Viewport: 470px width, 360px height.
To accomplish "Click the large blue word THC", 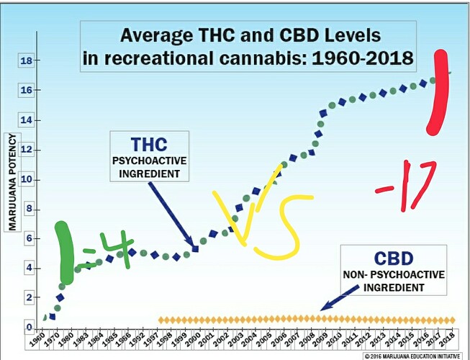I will point(150,143).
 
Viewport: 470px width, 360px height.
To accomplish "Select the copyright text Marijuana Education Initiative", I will point(417,355).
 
